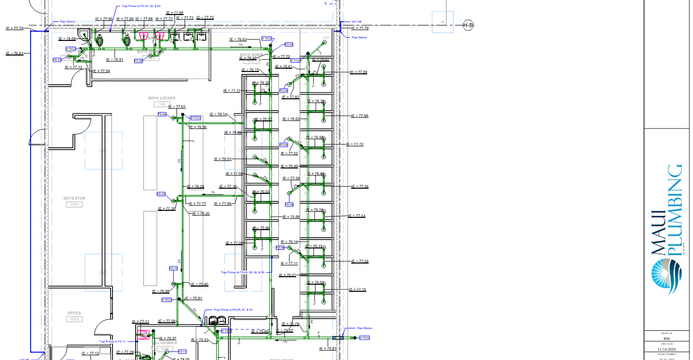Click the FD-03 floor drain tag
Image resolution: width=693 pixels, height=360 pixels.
(x=289, y=45)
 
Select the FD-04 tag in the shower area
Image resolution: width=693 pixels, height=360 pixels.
(x=283, y=90)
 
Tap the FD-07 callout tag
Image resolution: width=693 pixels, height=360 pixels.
(x=161, y=194)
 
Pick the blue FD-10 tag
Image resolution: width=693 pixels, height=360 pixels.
(x=173, y=268)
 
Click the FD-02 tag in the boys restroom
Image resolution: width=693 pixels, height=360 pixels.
(x=138, y=61)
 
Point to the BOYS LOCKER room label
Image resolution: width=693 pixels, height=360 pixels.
(x=161, y=98)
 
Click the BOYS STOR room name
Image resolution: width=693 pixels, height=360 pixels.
(x=74, y=199)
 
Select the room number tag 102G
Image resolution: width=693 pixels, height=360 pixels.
(x=74, y=319)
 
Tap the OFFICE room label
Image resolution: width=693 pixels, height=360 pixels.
(x=74, y=313)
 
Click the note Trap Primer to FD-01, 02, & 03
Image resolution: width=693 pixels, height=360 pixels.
(x=141, y=6)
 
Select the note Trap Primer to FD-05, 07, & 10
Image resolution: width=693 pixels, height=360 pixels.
(x=233, y=310)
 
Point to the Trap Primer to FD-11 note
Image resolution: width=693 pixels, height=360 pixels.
(x=112, y=341)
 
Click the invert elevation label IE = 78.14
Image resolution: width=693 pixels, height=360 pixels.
(x=218, y=114)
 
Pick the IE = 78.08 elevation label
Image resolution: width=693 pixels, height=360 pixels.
(x=67, y=39)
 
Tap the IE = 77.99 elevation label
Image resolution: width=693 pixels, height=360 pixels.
(x=359, y=72)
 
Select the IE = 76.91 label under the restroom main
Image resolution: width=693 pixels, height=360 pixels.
(x=115, y=60)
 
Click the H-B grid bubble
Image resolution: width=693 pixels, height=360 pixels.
(x=468, y=25)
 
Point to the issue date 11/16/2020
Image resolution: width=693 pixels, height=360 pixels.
(x=668, y=349)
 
